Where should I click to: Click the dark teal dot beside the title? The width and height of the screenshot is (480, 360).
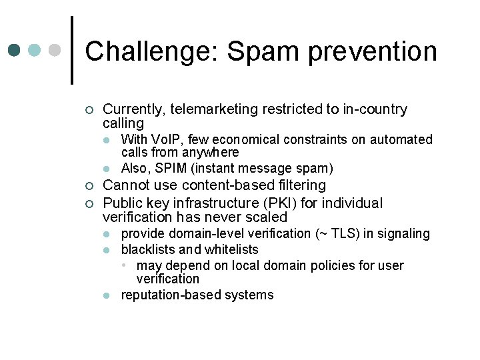click(15, 51)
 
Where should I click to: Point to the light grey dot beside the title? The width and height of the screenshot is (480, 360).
click(55, 51)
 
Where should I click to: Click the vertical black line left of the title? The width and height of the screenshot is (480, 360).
click(71, 50)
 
